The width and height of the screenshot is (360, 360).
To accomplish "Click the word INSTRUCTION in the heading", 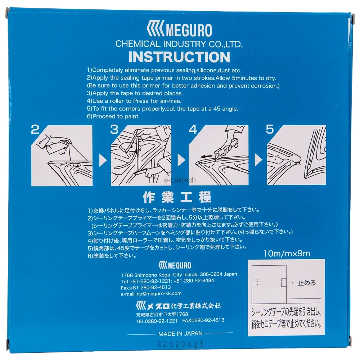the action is click(179, 57).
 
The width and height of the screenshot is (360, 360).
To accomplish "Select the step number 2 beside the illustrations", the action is click(35, 130).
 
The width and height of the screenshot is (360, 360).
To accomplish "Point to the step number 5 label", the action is click(270, 129).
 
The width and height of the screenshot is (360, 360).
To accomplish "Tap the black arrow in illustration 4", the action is click(206, 157).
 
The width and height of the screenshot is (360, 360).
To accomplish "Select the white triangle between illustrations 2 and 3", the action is click(103, 160).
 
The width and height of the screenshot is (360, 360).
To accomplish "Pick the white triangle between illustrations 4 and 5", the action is click(258, 159).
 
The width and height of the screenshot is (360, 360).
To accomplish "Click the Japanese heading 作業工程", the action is click(177, 197).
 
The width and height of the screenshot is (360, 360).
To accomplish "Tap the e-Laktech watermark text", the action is click(180, 180).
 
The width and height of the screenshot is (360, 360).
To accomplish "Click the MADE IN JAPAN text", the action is click(180, 334).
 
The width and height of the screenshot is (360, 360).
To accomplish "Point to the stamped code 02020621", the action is click(180, 344).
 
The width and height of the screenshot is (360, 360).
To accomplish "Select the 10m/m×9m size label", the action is click(287, 253).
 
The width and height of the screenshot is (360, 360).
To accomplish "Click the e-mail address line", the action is click(151, 294).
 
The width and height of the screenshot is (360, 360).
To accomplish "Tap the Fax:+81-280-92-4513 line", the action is click(146, 287).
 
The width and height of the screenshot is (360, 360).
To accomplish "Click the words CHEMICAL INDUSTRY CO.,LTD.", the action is click(179, 44).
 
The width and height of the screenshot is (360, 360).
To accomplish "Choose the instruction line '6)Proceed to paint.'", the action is click(113, 116).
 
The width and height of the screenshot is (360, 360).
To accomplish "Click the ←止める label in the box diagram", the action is click(303, 283).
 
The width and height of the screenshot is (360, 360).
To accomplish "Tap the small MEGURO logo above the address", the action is click(175, 265).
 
